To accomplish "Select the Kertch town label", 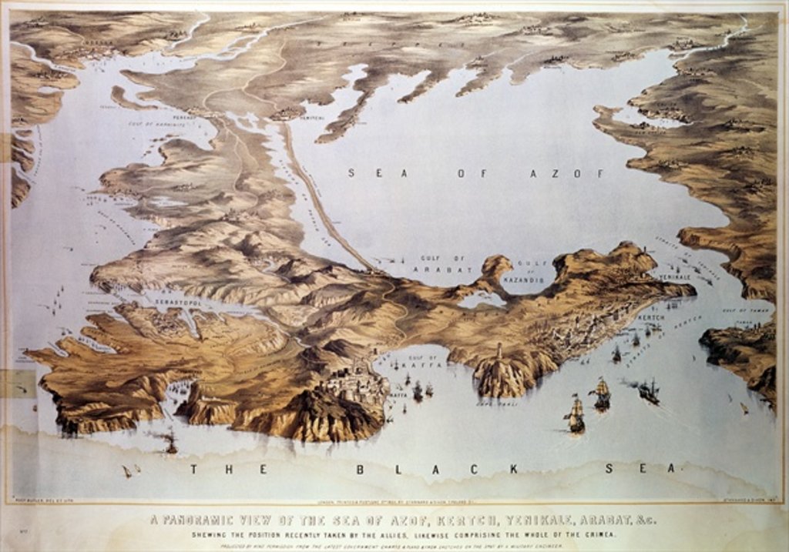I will coord(652,317).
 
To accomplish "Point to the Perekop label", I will coord(183,117).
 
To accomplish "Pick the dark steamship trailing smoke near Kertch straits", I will coord(647,390).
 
